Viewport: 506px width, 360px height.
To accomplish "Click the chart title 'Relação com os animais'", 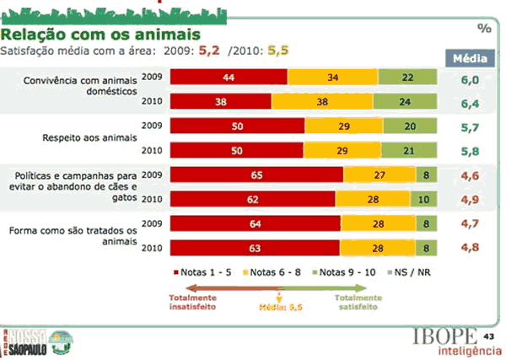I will coord(102,35).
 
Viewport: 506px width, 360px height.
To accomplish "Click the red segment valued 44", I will coord(229,78).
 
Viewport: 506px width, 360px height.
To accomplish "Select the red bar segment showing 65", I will coord(256,175).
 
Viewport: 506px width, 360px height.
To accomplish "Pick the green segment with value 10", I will coord(424,201).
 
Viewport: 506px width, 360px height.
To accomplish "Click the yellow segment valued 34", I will coord(332,78).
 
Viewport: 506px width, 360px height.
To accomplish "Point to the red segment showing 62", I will coord(252,201).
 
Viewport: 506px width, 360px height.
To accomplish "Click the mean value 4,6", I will coord(469,175).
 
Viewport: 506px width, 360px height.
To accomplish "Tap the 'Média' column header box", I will coord(469,59).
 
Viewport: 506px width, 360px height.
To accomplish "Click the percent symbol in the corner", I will coord(484,28).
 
